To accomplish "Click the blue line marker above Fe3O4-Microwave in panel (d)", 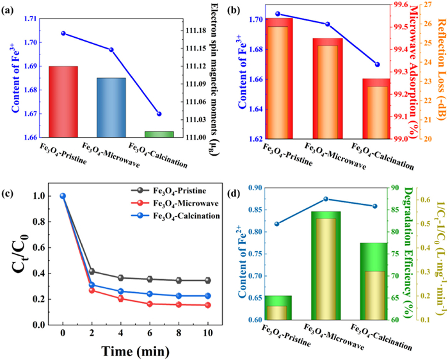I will pyautogui.click(x=326, y=199).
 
